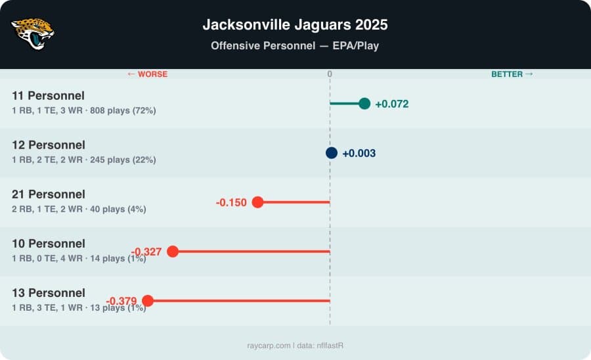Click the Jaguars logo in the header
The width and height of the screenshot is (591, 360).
pyautogui.click(x=33, y=34)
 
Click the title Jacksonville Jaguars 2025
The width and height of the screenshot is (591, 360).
pyautogui.click(x=295, y=25)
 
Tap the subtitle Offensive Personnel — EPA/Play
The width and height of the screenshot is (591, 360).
pyautogui.click(x=295, y=46)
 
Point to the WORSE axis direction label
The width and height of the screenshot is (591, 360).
pyautogui.click(x=147, y=74)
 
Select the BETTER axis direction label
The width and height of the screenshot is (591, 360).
pyautogui.click(x=512, y=74)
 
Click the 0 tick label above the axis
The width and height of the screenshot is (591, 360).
pyautogui.click(x=330, y=74)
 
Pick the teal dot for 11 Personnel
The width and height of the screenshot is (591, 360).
pyautogui.click(x=364, y=104)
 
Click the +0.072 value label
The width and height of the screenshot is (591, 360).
pyautogui.click(x=391, y=104)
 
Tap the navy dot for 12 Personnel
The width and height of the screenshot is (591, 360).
pyautogui.click(x=332, y=153)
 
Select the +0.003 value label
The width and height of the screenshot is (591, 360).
pyautogui.click(x=359, y=153)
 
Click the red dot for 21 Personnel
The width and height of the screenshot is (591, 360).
pyautogui.click(x=257, y=202)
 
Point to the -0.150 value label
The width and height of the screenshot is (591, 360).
pyautogui.click(x=231, y=202)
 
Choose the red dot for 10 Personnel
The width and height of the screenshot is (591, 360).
pyautogui.click(x=173, y=252)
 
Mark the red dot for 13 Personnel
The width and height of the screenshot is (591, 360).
pyautogui.click(x=148, y=301)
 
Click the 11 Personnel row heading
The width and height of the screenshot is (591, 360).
pyautogui.click(x=49, y=96)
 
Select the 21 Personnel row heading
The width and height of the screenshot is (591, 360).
pyautogui.click(x=49, y=194)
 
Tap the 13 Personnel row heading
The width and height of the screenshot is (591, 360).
pyautogui.click(x=49, y=293)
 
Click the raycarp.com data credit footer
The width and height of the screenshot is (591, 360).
pyautogui.click(x=295, y=345)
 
